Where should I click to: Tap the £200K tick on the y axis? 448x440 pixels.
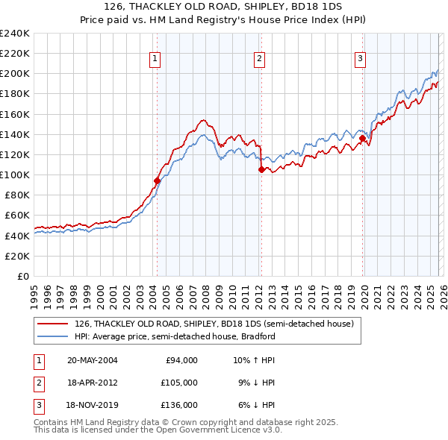[15, 74]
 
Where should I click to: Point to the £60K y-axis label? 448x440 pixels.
[17, 216]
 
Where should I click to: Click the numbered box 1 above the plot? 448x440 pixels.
[155, 59]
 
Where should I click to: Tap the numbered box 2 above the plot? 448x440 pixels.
[259, 59]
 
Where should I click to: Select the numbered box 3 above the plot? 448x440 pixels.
[360, 59]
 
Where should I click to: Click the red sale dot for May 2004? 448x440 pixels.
[157, 180]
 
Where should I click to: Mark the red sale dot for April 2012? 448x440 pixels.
[261, 169]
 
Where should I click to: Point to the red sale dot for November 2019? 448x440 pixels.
[362, 138]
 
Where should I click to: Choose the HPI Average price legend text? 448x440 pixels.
[175, 336]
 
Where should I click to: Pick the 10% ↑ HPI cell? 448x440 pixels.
[254, 360]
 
